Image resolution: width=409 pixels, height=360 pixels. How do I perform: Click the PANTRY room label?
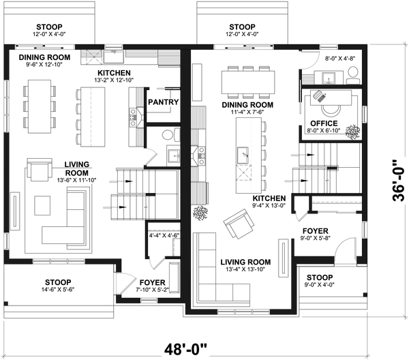coord(163,102)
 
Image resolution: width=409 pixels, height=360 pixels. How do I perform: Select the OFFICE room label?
coord(324,123)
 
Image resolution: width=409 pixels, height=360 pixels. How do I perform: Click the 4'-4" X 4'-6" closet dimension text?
coord(163,236)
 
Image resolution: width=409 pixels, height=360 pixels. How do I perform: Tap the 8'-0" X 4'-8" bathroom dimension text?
coord(341,59)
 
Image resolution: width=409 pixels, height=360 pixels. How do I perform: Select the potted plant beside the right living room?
coord(200,213)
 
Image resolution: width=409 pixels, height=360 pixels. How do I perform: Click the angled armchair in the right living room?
coord(238,224)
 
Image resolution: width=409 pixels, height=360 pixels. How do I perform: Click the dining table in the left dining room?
coord(40,106)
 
